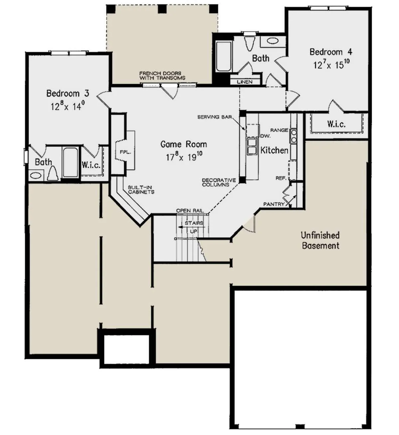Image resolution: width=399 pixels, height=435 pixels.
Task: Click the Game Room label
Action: pyautogui.click(x=184, y=144)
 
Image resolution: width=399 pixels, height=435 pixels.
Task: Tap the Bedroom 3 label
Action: pyautogui.click(x=68, y=93)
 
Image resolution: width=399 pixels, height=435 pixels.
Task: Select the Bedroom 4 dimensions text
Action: pyautogui.click(x=332, y=64)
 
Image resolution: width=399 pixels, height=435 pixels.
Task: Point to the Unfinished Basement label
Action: pyautogui.click(x=321, y=240)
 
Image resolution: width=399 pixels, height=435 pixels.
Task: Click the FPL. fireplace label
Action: pyautogui.click(x=125, y=152)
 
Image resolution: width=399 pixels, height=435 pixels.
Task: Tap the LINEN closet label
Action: pyautogui.click(x=245, y=82)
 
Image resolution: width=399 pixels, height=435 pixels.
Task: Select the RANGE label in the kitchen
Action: pyautogui.click(x=279, y=130)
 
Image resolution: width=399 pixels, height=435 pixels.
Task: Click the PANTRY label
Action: pyautogui.click(x=274, y=204)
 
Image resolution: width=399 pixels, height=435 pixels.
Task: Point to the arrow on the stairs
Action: pyautogui.click(x=191, y=227)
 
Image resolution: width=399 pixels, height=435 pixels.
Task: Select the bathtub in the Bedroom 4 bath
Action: pyautogui.click(x=224, y=56)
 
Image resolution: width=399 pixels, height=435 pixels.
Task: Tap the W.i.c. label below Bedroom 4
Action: pyautogui.click(x=336, y=124)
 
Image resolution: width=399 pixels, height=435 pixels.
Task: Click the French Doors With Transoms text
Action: pyautogui.click(x=162, y=76)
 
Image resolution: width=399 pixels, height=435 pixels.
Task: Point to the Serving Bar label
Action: pyautogui.click(x=214, y=117)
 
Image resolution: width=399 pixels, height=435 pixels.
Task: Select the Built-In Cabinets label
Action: pyautogui.click(x=141, y=190)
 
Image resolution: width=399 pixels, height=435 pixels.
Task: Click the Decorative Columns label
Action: pyautogui.click(x=219, y=182)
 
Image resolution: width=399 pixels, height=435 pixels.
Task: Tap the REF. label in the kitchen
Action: pyautogui.click(x=281, y=178)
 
